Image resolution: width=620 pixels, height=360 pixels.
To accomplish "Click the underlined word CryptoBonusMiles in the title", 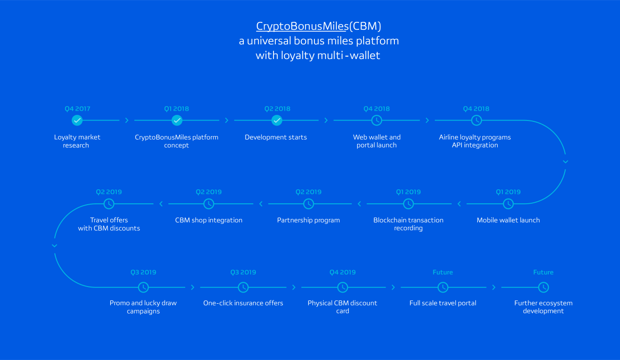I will click(302, 26).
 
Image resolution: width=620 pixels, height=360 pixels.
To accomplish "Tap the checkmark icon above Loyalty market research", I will click(77, 120).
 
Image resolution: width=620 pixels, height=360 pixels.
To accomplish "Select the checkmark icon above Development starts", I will click(277, 120).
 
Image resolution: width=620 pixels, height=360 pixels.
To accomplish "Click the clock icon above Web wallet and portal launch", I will click(377, 120).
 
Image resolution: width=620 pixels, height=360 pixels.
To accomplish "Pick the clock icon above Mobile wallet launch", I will click(508, 204).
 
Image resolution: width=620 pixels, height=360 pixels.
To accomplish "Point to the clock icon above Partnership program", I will click(308, 204).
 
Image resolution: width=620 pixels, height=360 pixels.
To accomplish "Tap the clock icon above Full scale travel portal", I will click(443, 287).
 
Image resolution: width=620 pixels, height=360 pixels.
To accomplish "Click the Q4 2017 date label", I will click(77, 109).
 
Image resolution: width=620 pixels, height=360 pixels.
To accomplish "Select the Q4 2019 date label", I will click(342, 272).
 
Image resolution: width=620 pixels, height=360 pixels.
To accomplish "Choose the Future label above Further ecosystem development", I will click(543, 272).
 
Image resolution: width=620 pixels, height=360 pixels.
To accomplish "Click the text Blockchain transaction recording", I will click(408, 224).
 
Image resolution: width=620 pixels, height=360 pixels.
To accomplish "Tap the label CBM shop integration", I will click(209, 220).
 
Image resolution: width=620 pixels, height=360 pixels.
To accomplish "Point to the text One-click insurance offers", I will click(243, 303).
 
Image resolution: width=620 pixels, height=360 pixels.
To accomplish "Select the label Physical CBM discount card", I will click(342, 307).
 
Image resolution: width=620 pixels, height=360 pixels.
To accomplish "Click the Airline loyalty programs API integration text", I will click(475, 141).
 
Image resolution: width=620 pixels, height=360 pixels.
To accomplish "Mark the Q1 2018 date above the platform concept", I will click(177, 109).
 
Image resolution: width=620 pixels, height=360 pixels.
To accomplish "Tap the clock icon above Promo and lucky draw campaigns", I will click(144, 287).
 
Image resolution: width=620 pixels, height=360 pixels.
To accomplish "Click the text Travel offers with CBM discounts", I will click(109, 224).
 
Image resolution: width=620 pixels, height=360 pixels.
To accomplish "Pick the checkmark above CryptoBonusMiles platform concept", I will click(177, 120).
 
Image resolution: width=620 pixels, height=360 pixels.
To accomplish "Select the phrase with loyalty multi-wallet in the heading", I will click(318, 55).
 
